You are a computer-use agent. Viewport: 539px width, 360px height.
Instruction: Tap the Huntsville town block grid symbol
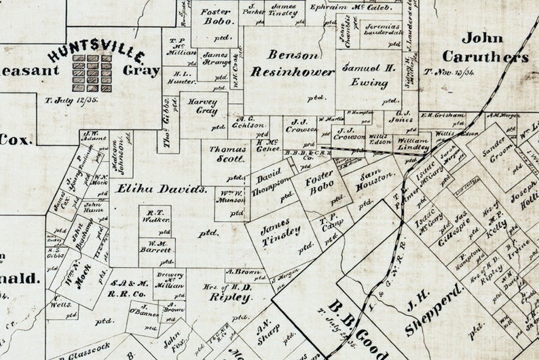click(x=92, y=73)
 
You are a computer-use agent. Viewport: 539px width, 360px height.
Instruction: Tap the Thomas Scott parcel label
click(x=227, y=154)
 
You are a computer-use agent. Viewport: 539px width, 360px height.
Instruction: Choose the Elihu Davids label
click(x=162, y=190)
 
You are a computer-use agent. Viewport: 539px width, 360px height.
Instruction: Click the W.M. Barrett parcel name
click(x=157, y=247)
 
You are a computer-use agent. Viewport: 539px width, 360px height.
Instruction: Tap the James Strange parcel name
click(x=217, y=58)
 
